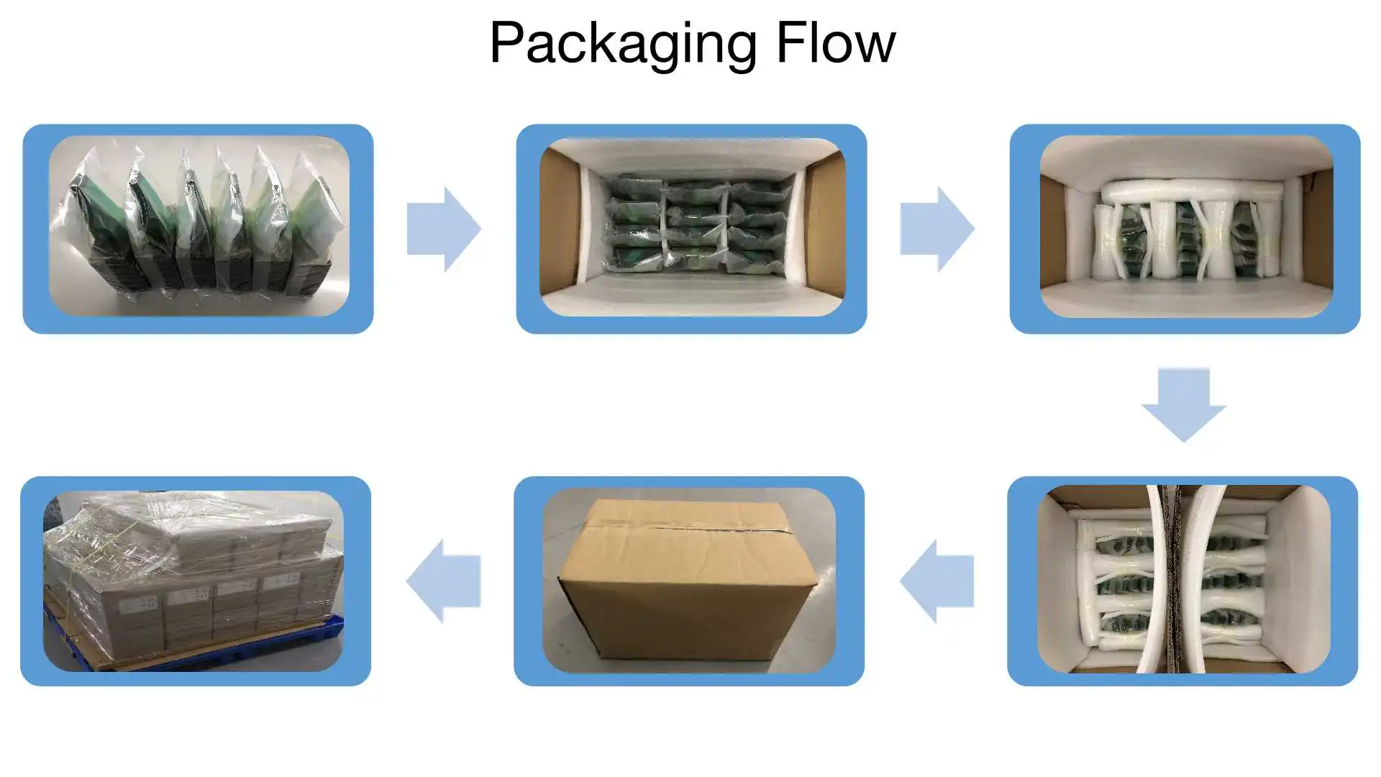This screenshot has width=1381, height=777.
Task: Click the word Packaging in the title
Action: (623, 45)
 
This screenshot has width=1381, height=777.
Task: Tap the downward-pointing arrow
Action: (1183, 404)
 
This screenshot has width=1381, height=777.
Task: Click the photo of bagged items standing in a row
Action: (199, 227)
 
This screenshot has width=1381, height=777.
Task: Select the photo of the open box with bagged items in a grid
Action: (691, 227)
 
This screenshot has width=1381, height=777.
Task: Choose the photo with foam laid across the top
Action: (1185, 227)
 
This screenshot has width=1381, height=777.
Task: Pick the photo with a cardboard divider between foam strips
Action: (1183, 580)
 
